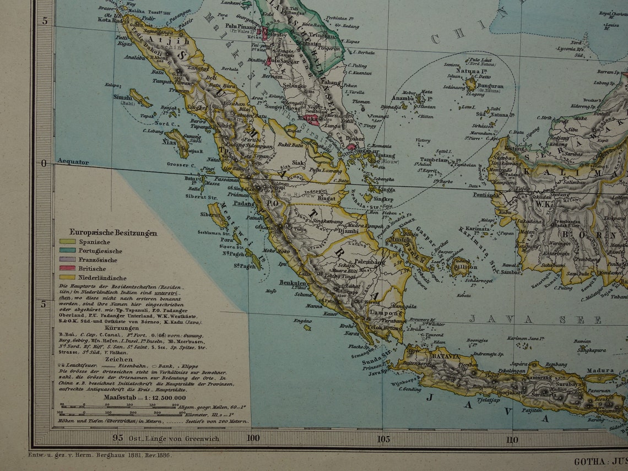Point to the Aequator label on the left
tap(72, 163)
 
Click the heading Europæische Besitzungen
tap(113, 232)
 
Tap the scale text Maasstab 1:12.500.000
tap(145, 397)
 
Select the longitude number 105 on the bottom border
tap(383, 439)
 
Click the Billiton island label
tap(465, 266)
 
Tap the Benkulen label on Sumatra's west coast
tap(293, 283)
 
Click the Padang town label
tap(244, 203)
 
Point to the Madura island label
tap(600, 371)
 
